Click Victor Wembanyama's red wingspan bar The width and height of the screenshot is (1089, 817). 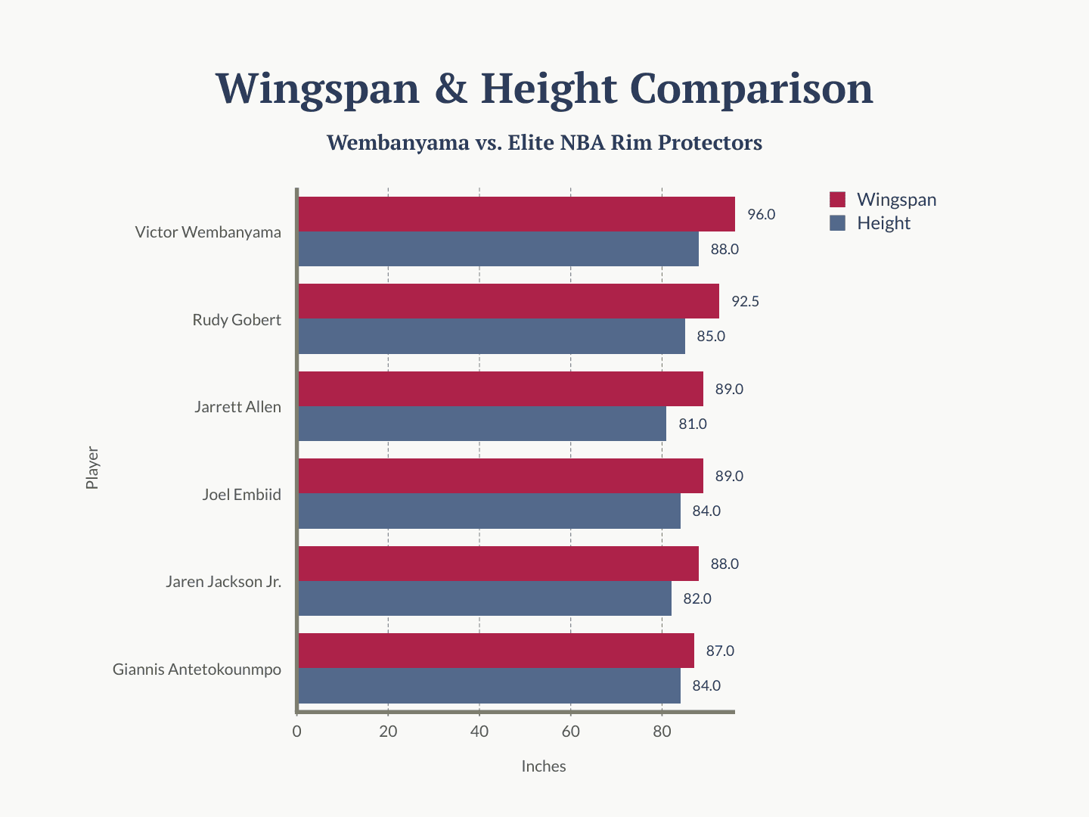point(517,214)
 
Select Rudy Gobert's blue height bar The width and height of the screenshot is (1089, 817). point(492,336)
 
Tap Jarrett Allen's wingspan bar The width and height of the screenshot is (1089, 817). point(501,388)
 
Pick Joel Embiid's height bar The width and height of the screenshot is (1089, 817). point(489,511)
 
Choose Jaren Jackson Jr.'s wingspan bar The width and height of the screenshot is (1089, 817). point(498,564)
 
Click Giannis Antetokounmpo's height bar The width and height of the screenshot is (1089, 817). point(489,685)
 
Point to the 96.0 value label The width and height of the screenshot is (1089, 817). point(761,214)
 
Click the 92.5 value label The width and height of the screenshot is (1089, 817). point(745,302)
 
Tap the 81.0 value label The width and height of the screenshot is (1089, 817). point(693,424)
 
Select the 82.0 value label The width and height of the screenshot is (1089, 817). point(697,598)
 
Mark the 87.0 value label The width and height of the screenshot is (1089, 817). point(720,651)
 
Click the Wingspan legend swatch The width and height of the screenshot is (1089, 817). point(837,200)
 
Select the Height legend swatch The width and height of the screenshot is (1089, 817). point(837,223)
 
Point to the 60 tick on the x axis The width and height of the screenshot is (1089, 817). point(570,732)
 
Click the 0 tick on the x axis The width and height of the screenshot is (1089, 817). point(296,732)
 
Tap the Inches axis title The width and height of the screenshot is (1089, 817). point(543,766)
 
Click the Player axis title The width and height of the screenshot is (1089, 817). point(92,468)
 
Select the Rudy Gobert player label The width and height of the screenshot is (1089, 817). point(237,320)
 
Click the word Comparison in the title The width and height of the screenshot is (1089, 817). point(752,89)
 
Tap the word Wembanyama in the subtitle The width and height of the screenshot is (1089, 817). point(397,143)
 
